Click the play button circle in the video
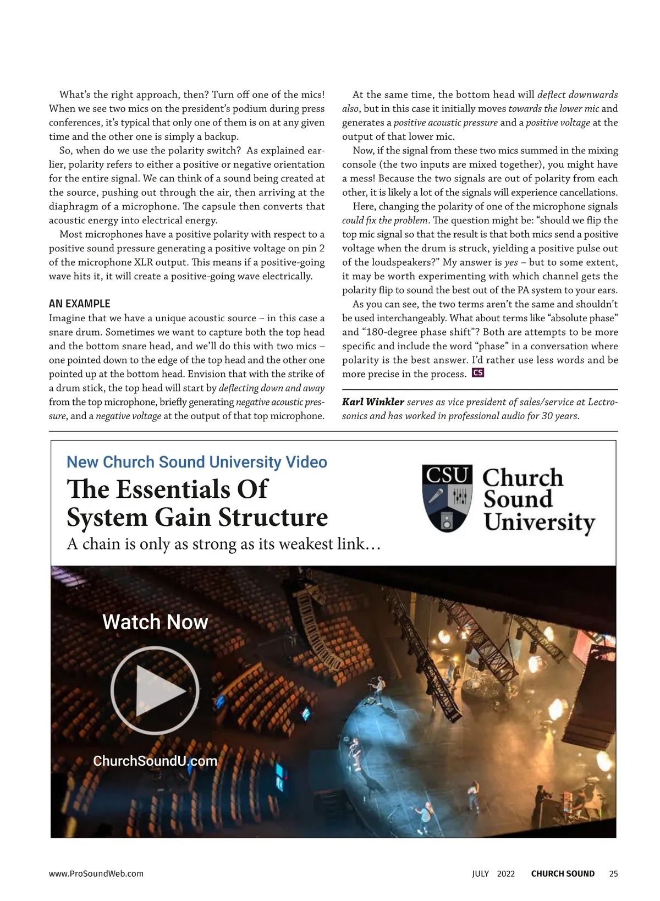click(x=155, y=690)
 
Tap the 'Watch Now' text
click(x=155, y=622)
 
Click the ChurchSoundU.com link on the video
click(x=155, y=761)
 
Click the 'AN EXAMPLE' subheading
click(x=80, y=304)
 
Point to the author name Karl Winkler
click(x=373, y=402)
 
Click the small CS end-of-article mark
click(x=477, y=373)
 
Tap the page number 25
click(x=613, y=873)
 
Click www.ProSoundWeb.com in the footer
click(x=96, y=873)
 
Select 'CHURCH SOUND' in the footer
click(x=563, y=873)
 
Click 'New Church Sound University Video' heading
click(x=196, y=462)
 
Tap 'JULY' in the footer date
click(x=480, y=873)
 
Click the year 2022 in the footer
click(x=506, y=873)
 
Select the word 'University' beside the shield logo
click(x=540, y=522)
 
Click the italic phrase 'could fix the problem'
click(x=384, y=221)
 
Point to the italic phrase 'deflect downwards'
click(x=577, y=95)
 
